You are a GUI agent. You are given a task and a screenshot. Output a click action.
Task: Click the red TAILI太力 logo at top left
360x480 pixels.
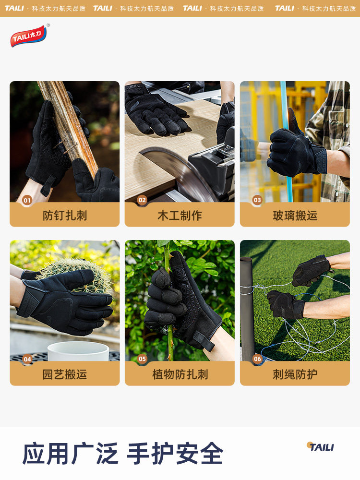click(29, 36)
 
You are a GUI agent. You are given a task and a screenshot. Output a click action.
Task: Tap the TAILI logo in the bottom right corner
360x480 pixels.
click(320, 447)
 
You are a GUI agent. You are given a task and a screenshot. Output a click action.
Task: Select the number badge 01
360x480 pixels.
click(27, 200)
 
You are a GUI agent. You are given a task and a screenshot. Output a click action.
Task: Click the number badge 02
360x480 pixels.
click(142, 200)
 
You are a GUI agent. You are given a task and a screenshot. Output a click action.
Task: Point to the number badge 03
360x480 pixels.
click(257, 200)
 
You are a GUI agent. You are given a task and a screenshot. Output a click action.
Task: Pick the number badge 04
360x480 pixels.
click(27, 359)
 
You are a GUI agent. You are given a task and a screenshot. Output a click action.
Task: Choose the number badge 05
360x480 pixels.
click(142, 359)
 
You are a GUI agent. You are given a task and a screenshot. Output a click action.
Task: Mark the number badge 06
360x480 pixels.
click(257, 359)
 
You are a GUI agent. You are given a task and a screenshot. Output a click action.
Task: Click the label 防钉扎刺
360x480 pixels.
click(65, 216)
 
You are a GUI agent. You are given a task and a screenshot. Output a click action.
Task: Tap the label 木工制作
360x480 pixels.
click(180, 216)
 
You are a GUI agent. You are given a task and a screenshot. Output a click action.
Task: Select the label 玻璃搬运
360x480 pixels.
click(295, 216)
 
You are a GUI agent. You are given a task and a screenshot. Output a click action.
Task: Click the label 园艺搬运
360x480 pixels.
click(65, 374)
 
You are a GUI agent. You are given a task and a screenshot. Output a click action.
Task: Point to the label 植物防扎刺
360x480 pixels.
click(180, 374)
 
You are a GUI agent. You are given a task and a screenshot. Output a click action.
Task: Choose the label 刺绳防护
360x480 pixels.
click(295, 374)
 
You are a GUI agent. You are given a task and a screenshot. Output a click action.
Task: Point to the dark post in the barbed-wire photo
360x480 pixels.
click(246, 307)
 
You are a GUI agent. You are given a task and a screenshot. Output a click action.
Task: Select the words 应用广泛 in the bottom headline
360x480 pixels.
click(70, 454)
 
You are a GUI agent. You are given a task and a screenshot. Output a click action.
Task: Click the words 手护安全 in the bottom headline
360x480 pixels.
click(175, 454)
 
